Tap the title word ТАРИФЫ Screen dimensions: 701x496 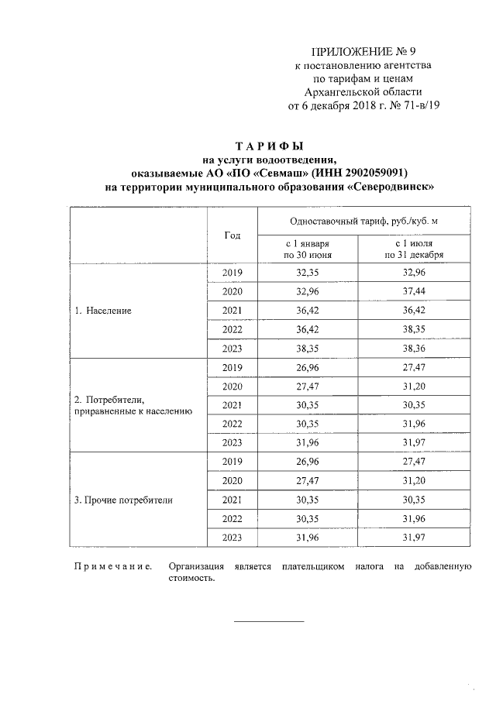(x=270, y=146)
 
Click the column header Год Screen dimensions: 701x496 (x=232, y=235)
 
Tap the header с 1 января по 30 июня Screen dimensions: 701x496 (x=308, y=249)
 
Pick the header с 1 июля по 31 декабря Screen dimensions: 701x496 (x=414, y=249)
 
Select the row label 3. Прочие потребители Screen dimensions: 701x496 (x=123, y=500)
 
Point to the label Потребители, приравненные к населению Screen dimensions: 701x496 (x=133, y=405)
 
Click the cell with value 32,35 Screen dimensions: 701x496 (x=308, y=273)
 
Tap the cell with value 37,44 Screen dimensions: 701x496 (x=414, y=291)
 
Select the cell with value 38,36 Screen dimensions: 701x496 (x=414, y=349)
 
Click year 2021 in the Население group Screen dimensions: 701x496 (x=232, y=311)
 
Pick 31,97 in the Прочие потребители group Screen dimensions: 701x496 (x=414, y=538)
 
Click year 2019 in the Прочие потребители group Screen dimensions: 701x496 (x=232, y=462)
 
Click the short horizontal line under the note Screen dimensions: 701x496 (x=269, y=620)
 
